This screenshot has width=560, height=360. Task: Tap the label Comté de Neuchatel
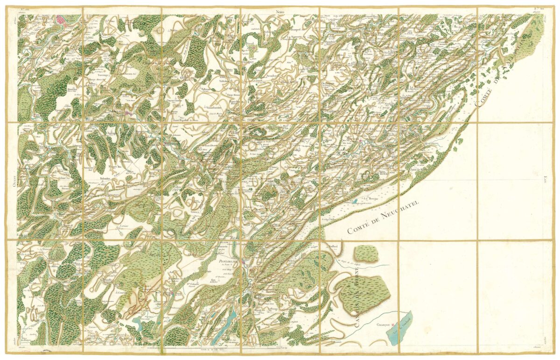pos(383,217)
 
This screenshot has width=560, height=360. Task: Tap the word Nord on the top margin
pos(280,11)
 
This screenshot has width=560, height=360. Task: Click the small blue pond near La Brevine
pos(355,201)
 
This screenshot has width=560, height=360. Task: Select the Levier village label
pos(124,225)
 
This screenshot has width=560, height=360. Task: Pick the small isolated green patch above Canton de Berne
pos(366,253)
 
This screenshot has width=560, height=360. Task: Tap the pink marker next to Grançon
pos(393,323)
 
